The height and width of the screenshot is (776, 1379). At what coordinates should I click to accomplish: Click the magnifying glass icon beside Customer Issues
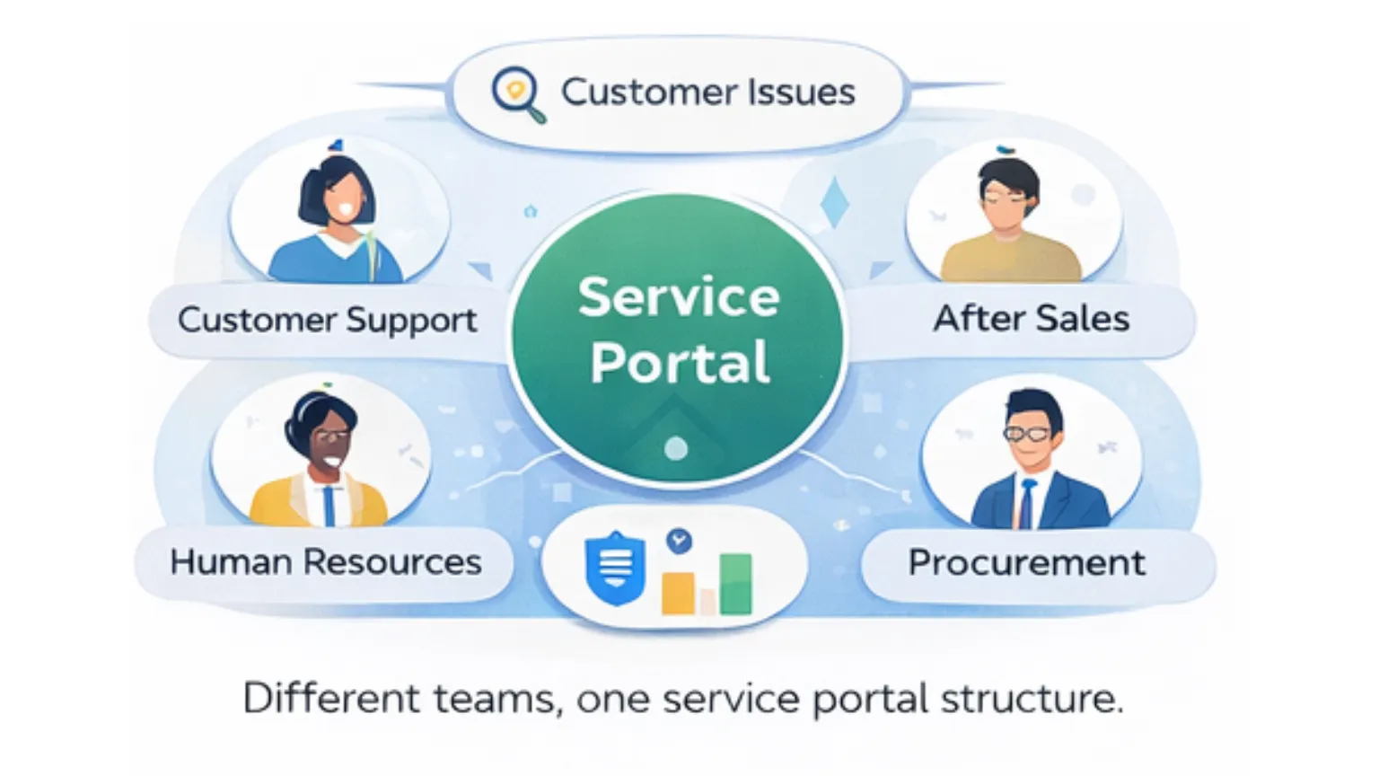516,93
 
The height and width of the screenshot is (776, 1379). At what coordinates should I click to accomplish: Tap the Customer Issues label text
707,92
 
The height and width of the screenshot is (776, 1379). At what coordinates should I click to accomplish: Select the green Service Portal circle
678,332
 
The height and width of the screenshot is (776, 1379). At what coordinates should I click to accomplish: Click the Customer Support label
328,321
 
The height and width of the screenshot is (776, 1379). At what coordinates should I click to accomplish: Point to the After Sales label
1031,319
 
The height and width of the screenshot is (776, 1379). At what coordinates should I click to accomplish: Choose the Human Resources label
326,562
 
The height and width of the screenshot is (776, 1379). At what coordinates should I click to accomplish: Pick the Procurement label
1026,563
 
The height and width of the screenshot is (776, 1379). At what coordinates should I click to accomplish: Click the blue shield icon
615,568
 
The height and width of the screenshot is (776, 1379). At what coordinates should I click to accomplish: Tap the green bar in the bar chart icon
735,584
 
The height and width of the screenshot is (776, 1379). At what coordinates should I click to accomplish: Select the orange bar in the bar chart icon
678,593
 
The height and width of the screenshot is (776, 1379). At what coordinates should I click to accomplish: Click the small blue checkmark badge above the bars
680,541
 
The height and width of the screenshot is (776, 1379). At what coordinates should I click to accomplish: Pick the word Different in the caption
330,699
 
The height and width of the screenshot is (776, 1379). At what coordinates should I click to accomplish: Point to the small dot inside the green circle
676,448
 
